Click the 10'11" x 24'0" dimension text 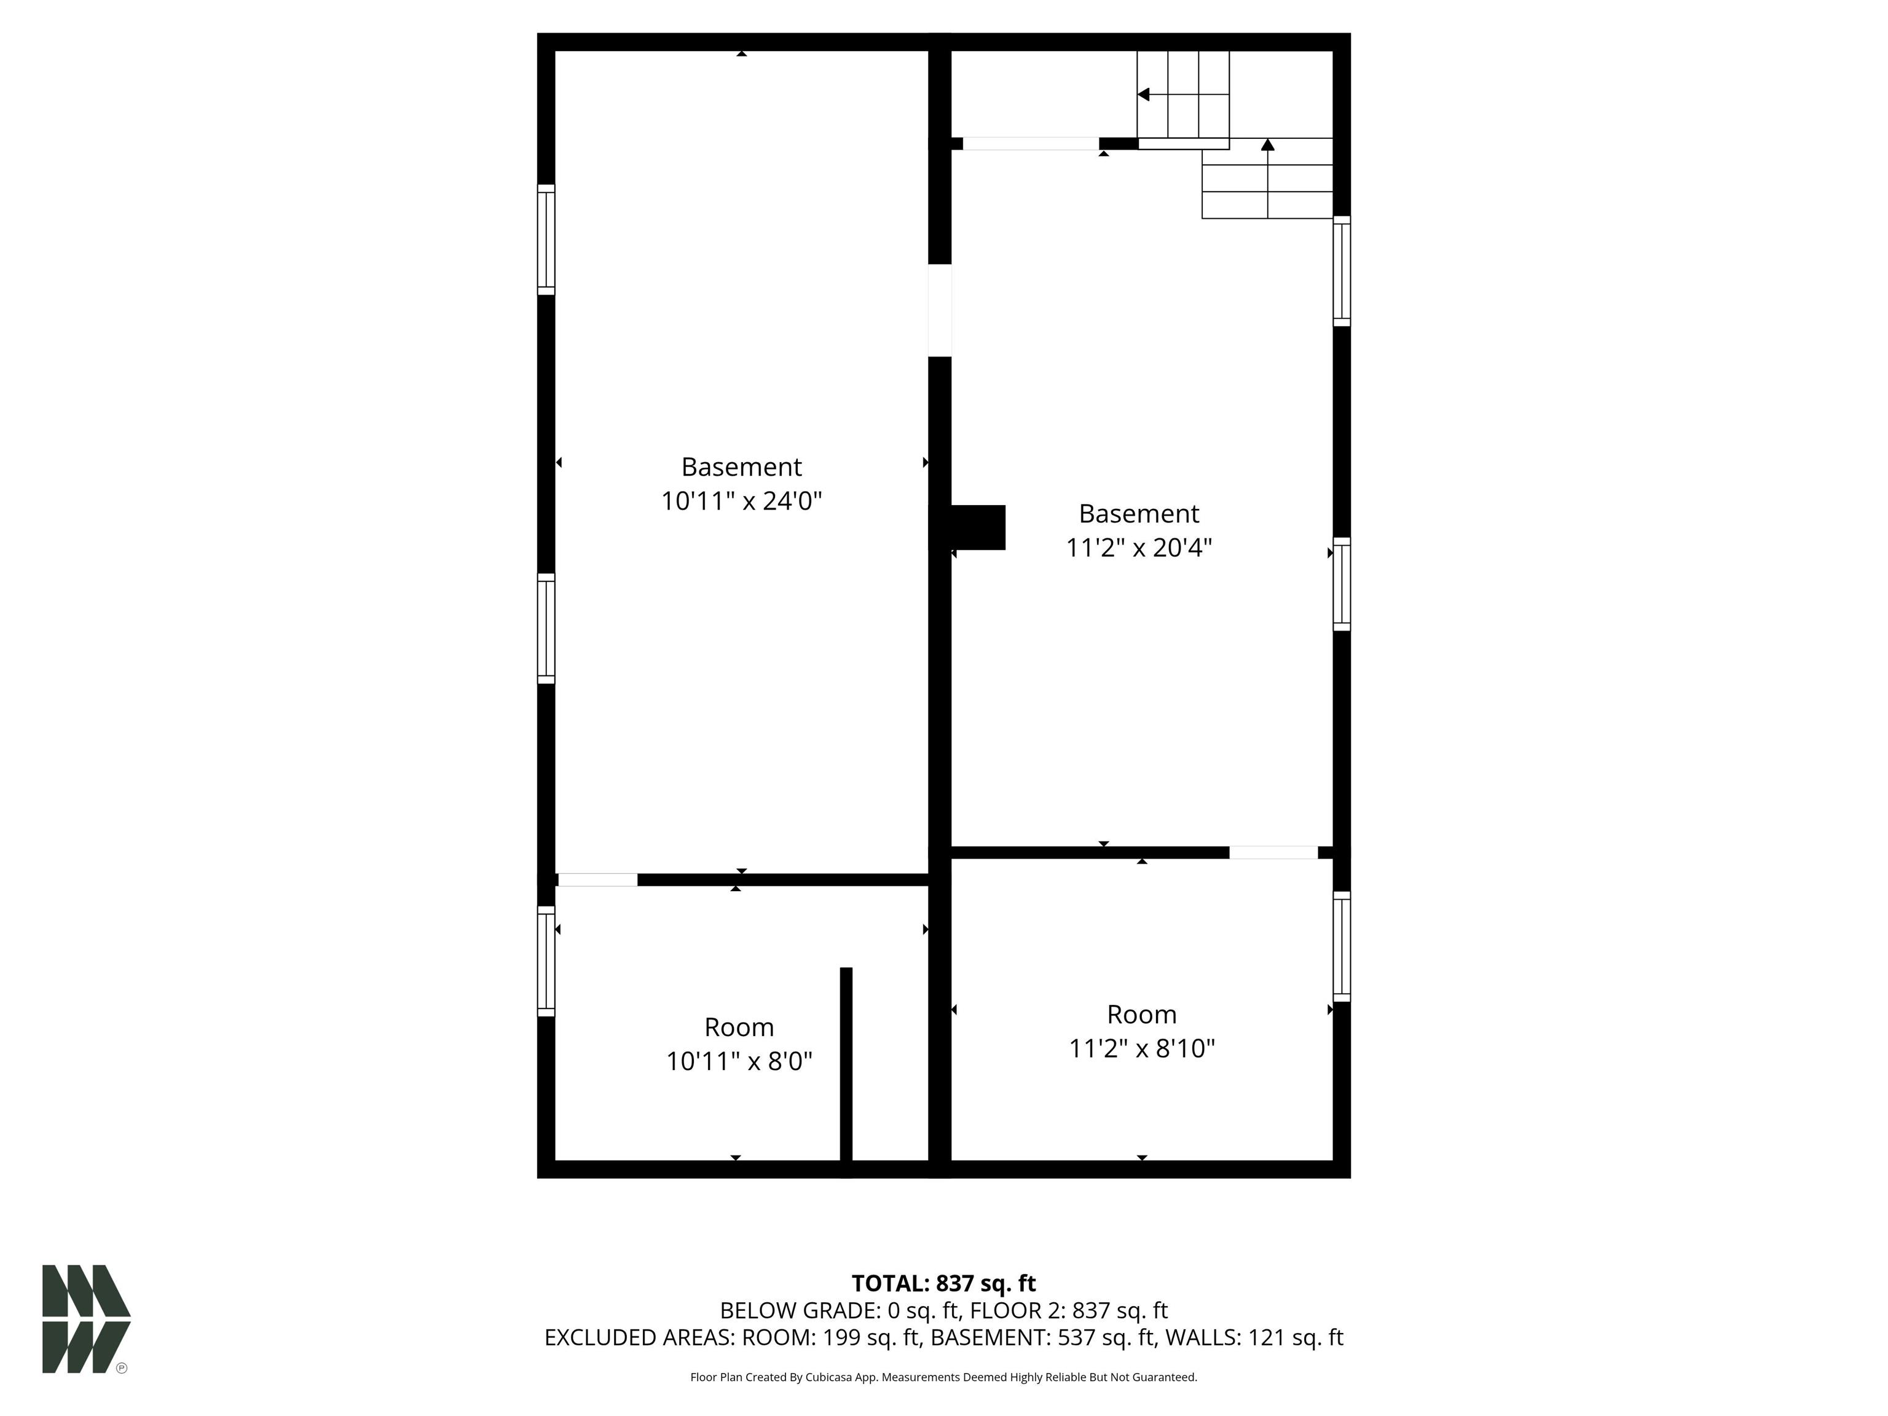(x=741, y=500)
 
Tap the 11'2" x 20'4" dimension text (x=1139, y=547)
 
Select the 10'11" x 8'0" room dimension (x=739, y=1061)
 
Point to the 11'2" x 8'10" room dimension (x=1142, y=1048)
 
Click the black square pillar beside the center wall (x=978, y=527)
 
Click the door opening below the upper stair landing (x=1030, y=143)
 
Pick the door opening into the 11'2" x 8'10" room (x=1273, y=852)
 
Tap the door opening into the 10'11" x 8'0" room (x=597, y=880)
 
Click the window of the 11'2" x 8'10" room (x=1342, y=946)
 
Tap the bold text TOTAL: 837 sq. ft (x=943, y=1283)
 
